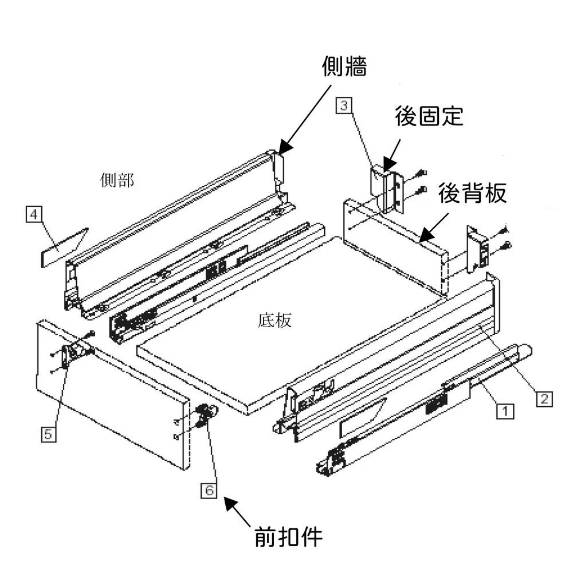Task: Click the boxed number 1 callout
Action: pyautogui.click(x=504, y=411)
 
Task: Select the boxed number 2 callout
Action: pyautogui.click(x=544, y=398)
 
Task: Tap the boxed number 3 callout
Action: pyautogui.click(x=343, y=105)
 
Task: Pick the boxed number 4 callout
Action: pyautogui.click(x=34, y=215)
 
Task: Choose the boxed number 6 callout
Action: pyautogui.click(x=210, y=490)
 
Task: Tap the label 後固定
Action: pyautogui.click(x=429, y=116)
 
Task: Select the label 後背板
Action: pyautogui.click(x=473, y=194)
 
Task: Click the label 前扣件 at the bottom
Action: pyautogui.click(x=289, y=537)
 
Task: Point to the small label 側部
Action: pyautogui.click(x=117, y=180)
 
